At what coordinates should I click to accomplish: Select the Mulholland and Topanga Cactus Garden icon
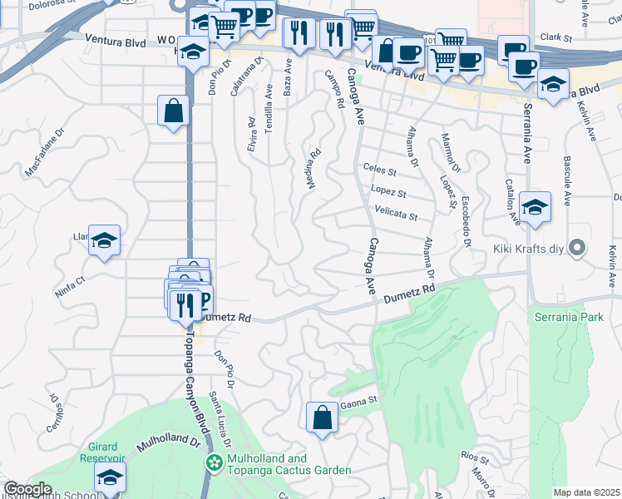(215, 462)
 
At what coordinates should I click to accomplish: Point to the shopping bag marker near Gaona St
(322, 418)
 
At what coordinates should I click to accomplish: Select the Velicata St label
(396, 215)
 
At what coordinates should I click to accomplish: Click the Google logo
(27, 490)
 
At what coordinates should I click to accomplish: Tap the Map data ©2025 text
(586, 492)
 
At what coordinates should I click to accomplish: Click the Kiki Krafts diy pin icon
(580, 248)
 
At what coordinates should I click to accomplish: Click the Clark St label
(556, 37)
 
